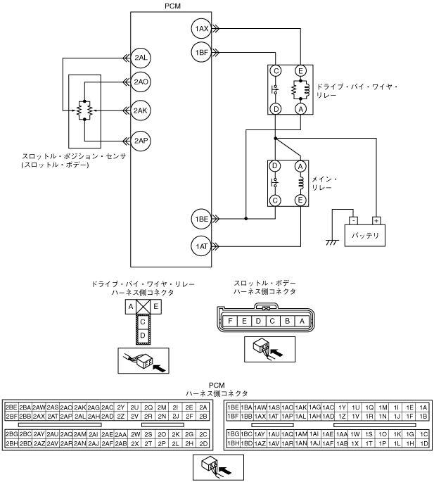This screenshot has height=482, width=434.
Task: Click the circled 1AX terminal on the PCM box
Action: pyautogui.click(x=201, y=29)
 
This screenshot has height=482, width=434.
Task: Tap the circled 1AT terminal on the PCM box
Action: pyautogui.click(x=201, y=246)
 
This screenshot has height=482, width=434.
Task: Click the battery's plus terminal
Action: pyautogui.click(x=376, y=220)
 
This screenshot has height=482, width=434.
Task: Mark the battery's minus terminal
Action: pyautogui.click(x=352, y=220)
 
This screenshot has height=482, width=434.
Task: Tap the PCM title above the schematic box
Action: pyautogui.click(x=170, y=5)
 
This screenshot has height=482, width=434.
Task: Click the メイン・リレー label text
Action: pyautogui.click(x=326, y=184)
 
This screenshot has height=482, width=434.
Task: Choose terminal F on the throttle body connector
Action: pyautogui.click(x=229, y=321)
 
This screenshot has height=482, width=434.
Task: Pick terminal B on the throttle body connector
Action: pyautogui.click(x=288, y=321)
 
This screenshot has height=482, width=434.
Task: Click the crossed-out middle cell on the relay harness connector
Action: pyautogui.click(x=143, y=307)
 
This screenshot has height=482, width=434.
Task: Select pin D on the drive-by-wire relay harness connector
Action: pyautogui.click(x=143, y=336)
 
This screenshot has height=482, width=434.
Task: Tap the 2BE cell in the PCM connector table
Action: pyautogui.click(x=11, y=407)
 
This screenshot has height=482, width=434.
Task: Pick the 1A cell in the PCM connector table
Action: pyautogui.click(x=423, y=407)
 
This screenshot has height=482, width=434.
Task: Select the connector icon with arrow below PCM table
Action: pyautogui.click(x=216, y=465)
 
